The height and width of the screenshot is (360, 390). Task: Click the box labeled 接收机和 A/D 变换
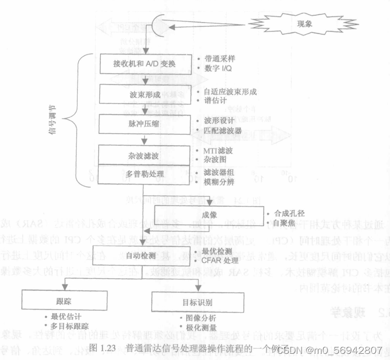145,63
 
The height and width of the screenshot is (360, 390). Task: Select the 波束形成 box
145,95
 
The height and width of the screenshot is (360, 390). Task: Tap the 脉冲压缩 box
145,124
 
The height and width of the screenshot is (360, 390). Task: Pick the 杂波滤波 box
145,155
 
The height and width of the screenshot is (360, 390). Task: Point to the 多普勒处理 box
145,174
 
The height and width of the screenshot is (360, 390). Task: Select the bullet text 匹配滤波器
222,131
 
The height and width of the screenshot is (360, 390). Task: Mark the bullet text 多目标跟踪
70,327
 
